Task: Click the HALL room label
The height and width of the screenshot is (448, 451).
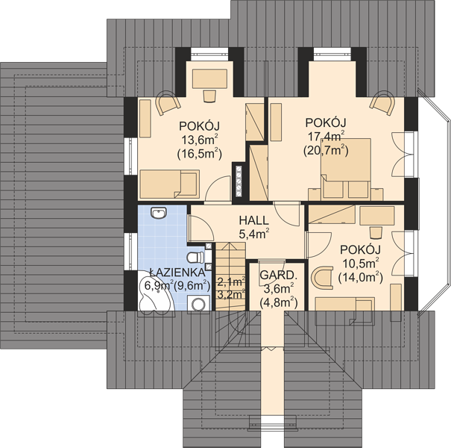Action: tap(254, 220)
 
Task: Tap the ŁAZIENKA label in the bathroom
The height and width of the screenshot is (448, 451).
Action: tap(177, 272)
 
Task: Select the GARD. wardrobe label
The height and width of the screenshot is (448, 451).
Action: tap(278, 275)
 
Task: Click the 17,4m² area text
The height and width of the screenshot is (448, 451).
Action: tap(327, 136)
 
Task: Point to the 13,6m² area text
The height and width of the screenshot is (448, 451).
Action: tap(199, 140)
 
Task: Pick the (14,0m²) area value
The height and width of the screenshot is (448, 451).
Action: tap(360, 277)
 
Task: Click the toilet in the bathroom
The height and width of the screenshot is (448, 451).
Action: tap(195, 258)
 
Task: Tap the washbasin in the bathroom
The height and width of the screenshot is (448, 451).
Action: tap(159, 214)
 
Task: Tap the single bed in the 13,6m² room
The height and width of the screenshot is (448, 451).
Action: tap(170, 184)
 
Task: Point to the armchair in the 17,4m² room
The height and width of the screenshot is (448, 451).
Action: tap(382, 103)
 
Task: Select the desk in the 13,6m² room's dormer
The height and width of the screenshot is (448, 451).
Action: tap(209, 79)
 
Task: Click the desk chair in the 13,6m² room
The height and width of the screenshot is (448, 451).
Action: tap(209, 96)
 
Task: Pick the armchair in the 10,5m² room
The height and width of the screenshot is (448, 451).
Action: tap(322, 278)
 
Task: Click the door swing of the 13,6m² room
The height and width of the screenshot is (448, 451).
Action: tap(218, 189)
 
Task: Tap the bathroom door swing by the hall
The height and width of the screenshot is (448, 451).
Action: tap(201, 228)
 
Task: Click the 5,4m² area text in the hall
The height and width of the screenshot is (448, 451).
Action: tap(254, 234)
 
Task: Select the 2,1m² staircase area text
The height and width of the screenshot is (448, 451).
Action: tap(231, 281)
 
